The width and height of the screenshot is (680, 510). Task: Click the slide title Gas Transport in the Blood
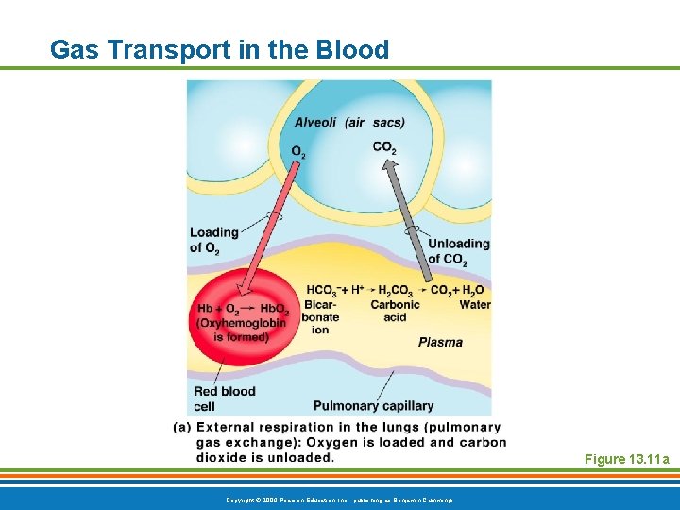tap(219, 49)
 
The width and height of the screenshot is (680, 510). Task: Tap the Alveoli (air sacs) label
tap(349, 122)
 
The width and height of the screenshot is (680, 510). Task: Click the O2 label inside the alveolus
tap(297, 151)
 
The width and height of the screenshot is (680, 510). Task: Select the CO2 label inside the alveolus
tap(384, 147)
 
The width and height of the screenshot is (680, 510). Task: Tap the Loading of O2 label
tap(213, 240)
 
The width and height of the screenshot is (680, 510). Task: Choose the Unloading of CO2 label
tap(458, 250)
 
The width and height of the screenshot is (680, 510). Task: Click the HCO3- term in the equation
tap(324, 290)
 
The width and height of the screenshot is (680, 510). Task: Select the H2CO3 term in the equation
tap(396, 290)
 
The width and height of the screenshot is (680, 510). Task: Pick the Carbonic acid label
tap(395, 311)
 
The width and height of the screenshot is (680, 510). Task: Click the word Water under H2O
tap(474, 304)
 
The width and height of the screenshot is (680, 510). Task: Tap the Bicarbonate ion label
tap(321, 317)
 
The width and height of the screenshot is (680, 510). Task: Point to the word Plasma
tap(440, 342)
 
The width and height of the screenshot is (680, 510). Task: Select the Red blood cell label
tap(224, 399)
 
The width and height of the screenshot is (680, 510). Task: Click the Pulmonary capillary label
tap(373, 406)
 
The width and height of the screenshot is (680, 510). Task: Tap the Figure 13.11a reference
tap(626, 459)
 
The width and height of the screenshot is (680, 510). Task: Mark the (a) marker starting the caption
tap(182, 427)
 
